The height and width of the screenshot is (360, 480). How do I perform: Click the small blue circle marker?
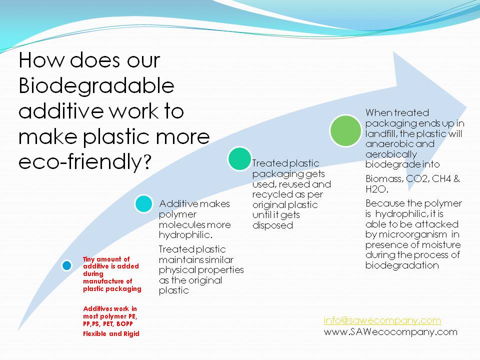(x=66, y=265)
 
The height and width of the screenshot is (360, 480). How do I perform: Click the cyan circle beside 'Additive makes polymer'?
(x=143, y=203)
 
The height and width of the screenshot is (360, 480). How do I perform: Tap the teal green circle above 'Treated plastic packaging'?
(x=239, y=158)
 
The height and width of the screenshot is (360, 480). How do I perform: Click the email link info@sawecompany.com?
(x=382, y=320)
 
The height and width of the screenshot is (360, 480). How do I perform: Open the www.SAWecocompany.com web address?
(x=390, y=331)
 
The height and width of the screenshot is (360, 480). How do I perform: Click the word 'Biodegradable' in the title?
(x=96, y=85)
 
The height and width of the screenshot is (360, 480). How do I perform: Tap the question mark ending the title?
(x=147, y=163)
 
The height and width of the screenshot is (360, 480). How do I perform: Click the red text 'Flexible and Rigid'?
(x=111, y=333)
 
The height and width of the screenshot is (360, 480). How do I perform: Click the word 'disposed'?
(x=272, y=225)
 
